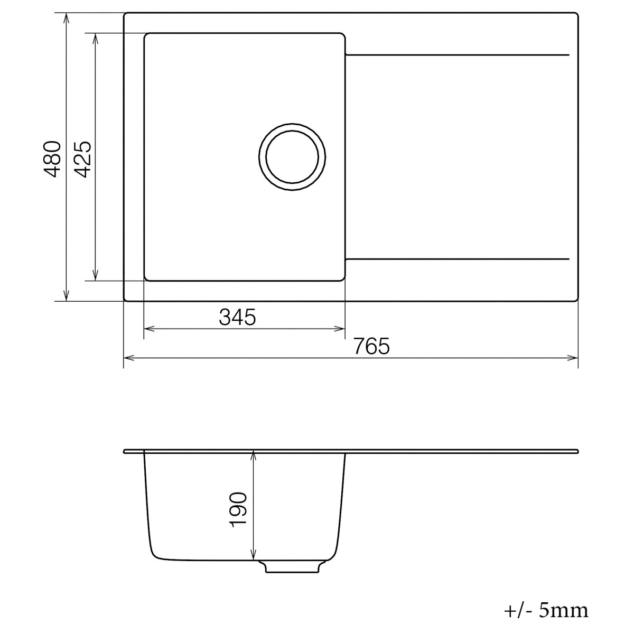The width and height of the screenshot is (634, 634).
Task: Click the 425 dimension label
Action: [83, 159]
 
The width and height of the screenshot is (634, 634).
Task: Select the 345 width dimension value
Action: [237, 317]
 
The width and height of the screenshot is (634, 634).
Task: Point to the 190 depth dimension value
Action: [238, 509]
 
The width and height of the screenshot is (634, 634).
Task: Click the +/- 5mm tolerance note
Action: [546, 611]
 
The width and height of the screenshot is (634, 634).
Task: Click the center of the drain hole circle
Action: [292, 158]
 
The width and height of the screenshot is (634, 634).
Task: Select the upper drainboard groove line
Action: [457, 55]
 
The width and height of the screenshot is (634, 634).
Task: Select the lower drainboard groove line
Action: [457, 259]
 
